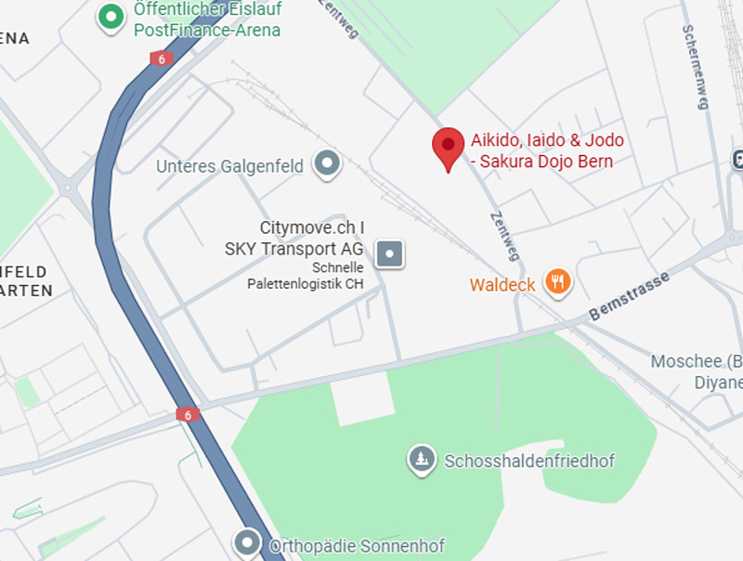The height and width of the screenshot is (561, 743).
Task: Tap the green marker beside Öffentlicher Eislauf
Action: click(x=111, y=16)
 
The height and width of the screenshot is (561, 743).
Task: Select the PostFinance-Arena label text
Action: click(x=207, y=30)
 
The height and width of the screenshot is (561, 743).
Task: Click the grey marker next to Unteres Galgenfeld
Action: click(x=327, y=164)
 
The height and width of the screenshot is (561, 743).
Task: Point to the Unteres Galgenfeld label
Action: click(x=229, y=167)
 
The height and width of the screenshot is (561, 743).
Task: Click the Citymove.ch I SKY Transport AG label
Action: click(x=311, y=238)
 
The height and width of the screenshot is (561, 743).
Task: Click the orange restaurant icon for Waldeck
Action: click(x=557, y=281)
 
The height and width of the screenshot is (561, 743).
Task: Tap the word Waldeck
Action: click(x=502, y=285)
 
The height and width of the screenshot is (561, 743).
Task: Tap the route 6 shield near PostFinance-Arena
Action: click(x=161, y=58)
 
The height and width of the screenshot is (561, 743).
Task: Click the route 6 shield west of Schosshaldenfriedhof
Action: click(x=188, y=414)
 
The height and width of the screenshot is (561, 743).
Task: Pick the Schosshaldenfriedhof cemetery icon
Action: click(x=422, y=458)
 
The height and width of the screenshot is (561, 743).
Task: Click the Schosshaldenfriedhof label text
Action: click(x=529, y=461)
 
